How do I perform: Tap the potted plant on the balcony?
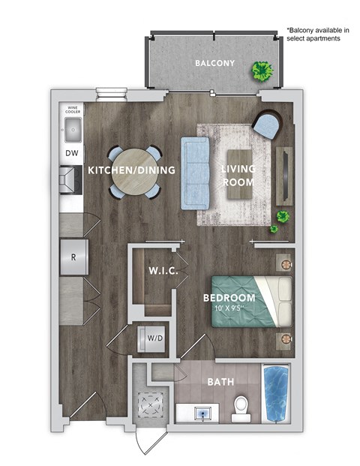[x=262, y=72]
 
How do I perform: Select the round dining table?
[x=133, y=172]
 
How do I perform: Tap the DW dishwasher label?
[x=72, y=154]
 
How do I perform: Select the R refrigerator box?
[x=73, y=256]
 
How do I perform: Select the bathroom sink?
[x=201, y=411]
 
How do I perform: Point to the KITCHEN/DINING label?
[x=131, y=170]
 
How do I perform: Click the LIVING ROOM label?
[x=237, y=175]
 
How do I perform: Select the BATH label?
[x=221, y=382]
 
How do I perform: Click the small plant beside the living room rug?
[x=282, y=218]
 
